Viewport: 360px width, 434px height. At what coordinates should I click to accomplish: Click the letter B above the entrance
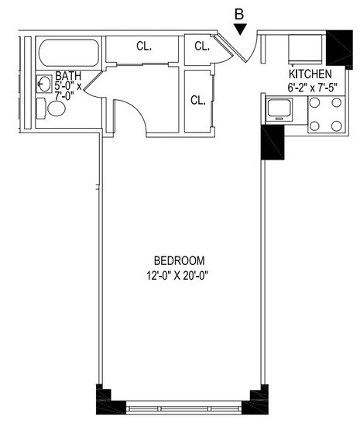click(239, 14)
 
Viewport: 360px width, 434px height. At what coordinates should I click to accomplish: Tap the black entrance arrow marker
click(240, 29)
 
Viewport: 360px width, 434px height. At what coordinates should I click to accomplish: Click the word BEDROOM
click(179, 260)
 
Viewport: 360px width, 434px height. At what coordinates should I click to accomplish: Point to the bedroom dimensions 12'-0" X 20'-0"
click(177, 276)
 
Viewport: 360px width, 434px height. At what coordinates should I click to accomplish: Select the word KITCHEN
click(310, 74)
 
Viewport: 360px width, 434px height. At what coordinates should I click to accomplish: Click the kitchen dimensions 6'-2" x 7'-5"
click(313, 88)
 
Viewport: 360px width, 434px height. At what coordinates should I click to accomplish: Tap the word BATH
click(68, 76)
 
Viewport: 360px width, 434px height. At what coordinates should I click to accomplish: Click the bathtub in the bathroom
click(69, 53)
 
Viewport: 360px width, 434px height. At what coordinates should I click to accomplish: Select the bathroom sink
click(44, 84)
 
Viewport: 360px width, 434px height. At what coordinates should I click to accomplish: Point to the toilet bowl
click(57, 108)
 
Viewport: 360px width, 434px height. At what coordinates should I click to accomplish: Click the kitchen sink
click(279, 108)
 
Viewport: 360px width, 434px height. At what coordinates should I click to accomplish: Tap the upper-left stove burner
click(314, 102)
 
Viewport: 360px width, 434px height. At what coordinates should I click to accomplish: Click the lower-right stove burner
click(337, 126)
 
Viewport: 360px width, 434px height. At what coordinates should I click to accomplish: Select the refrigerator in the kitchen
click(306, 48)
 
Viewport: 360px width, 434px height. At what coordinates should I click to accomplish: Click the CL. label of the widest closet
click(144, 46)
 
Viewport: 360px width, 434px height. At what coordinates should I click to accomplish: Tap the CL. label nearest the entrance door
click(202, 46)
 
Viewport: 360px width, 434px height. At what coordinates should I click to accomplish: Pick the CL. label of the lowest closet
click(198, 100)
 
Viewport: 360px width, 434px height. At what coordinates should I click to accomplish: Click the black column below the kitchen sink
click(273, 142)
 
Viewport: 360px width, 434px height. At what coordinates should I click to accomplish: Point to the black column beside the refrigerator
click(340, 48)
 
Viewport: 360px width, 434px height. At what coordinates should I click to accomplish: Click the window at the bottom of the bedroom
click(184, 408)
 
